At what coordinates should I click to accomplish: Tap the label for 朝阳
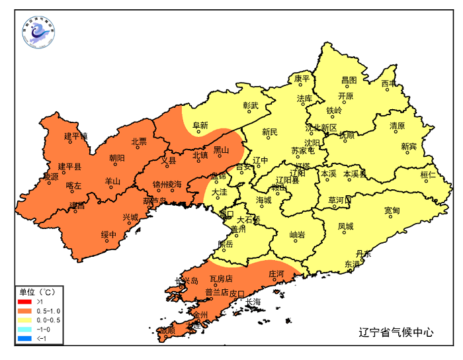tap(116, 157)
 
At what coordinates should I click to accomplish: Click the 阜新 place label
tap(200, 125)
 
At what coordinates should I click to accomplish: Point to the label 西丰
tap(389, 83)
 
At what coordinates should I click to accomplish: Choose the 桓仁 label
tap(428, 175)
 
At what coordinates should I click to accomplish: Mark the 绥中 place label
tap(108, 235)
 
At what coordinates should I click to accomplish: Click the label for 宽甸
tap(392, 210)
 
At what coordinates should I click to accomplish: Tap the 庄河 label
tap(276, 273)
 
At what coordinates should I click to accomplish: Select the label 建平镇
tap(75, 136)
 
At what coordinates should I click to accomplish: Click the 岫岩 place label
tap(298, 235)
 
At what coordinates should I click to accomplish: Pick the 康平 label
tap(302, 79)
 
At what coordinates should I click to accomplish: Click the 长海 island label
tap(253, 302)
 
